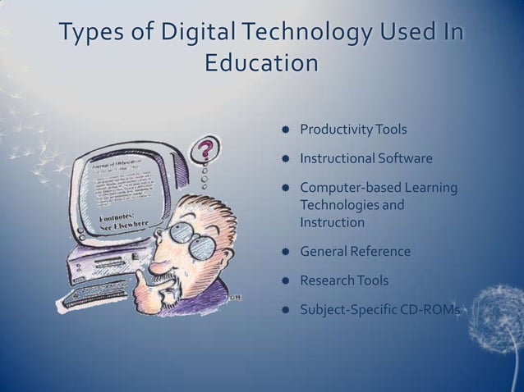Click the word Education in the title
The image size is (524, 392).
[x=260, y=63]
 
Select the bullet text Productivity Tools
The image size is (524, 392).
[x=353, y=130]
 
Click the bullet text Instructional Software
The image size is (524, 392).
[x=365, y=158]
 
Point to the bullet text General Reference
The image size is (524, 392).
[x=355, y=251]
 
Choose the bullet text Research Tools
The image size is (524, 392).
[x=344, y=280]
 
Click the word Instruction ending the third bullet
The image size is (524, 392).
[x=332, y=221]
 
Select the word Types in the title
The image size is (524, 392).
[x=86, y=34]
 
